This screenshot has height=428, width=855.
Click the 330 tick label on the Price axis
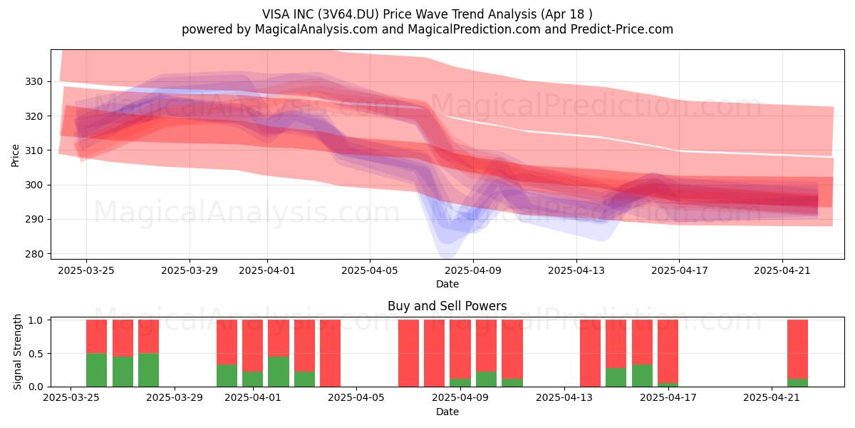(x=34, y=82)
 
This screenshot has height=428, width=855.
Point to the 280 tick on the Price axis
(x=34, y=254)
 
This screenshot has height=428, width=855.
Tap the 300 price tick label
(x=34, y=185)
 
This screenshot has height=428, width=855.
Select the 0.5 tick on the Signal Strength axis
(x=36, y=354)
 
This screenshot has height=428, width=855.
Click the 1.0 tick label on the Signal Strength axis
(x=36, y=320)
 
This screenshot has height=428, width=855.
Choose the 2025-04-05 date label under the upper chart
(x=370, y=271)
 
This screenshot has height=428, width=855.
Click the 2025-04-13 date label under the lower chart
(x=564, y=398)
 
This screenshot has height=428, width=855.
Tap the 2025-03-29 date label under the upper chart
(x=190, y=271)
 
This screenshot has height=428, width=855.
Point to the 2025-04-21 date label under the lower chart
(x=772, y=398)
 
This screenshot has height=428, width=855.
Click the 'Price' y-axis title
(x=15, y=156)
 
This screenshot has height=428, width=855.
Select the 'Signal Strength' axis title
(x=17, y=352)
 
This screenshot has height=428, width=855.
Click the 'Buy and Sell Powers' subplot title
(x=447, y=306)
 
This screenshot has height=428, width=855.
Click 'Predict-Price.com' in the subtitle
(x=622, y=29)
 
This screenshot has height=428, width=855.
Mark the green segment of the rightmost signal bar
(x=797, y=382)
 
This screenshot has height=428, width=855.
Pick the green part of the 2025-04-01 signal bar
(x=253, y=379)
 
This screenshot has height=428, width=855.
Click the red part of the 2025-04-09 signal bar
(x=460, y=350)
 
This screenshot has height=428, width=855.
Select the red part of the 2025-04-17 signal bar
(x=668, y=351)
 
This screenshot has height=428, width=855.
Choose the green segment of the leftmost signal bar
(x=97, y=370)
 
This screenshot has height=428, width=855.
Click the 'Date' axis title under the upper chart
(x=447, y=285)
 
